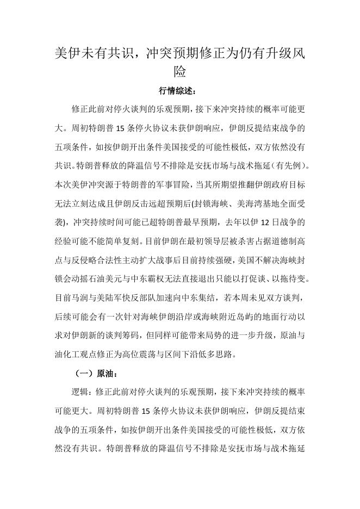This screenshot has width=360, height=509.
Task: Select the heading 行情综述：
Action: coord(180,90)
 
